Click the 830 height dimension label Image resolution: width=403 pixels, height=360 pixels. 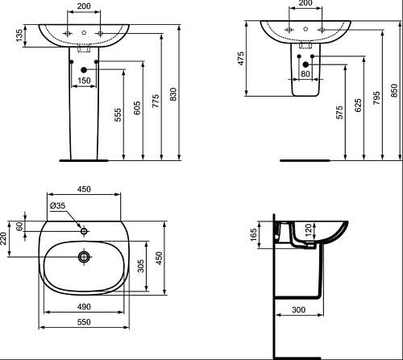tap(174, 94)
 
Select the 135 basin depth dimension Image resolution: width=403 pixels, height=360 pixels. tap(19, 35)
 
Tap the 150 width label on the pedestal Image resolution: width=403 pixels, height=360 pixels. tap(84, 81)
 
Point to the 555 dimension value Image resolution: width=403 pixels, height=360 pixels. tap(118, 115)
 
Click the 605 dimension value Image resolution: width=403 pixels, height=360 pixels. tap(137, 108)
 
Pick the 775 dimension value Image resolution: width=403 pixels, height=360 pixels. tap(156, 101)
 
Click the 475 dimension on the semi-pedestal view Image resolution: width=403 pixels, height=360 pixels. tap(241, 58)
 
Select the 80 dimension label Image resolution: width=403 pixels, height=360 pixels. tap(305, 73)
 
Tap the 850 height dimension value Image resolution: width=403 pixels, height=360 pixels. tap(394, 90)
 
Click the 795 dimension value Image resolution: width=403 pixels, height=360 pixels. tap(376, 97)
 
